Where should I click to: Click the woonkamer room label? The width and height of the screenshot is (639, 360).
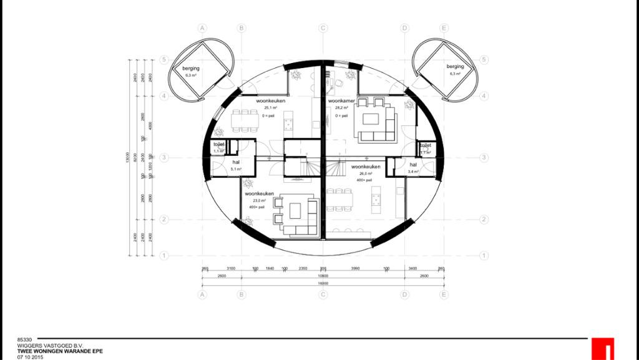[x=341, y=100]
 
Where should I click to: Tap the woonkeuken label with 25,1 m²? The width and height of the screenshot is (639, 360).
[x=270, y=100]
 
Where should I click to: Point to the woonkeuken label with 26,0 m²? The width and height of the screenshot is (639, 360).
[x=366, y=167]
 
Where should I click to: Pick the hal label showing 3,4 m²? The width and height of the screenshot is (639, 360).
[x=412, y=165]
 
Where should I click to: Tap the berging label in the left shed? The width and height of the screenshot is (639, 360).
[x=190, y=68]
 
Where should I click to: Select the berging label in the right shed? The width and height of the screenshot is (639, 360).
[x=455, y=67]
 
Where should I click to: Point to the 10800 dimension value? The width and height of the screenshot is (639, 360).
[x=323, y=275]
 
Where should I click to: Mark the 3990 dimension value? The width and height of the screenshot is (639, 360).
[x=355, y=268]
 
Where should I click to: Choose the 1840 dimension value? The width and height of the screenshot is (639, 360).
[x=270, y=268]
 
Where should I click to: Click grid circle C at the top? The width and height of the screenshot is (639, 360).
[x=323, y=28]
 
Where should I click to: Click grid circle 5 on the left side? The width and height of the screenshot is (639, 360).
[x=163, y=60]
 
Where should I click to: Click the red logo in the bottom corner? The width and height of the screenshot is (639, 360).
[x=603, y=349]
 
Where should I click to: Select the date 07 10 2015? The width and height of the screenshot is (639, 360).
[x=30, y=356]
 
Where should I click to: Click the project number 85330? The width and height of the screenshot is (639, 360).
[x=24, y=341]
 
